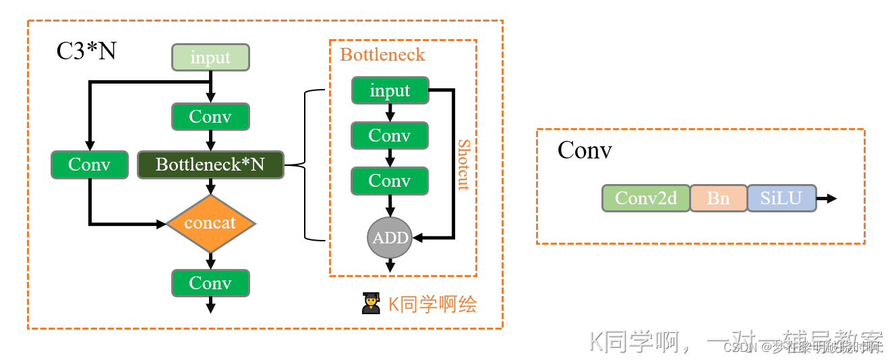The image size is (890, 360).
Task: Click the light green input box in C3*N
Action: pos(210,57)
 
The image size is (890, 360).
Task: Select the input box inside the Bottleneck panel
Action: pos(390,90)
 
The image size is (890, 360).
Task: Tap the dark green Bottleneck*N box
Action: pos(210,164)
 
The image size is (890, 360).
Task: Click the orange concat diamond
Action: pos(210,223)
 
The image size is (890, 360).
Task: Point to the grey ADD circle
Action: pos(390,237)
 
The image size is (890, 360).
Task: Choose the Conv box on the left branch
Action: pos(89,164)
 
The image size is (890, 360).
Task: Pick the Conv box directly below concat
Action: pos(210,283)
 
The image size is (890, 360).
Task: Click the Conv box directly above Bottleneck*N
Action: pos(210,117)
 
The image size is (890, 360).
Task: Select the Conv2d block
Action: pos(645,198)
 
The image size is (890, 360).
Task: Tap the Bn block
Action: pos(718,198)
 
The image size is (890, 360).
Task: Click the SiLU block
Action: pos(781,198)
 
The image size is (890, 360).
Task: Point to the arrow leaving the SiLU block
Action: pos(827,198)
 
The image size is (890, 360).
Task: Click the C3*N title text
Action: pos(86,51)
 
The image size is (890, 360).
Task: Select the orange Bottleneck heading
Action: pos(382,55)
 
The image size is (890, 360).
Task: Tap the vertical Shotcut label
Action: pos(463,164)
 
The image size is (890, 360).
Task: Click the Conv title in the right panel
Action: pos(585,150)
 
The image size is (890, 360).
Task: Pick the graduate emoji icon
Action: pos(371,304)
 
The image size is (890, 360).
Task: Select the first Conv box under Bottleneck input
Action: pos(390,136)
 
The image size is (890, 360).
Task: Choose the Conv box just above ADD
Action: pos(390,181)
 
